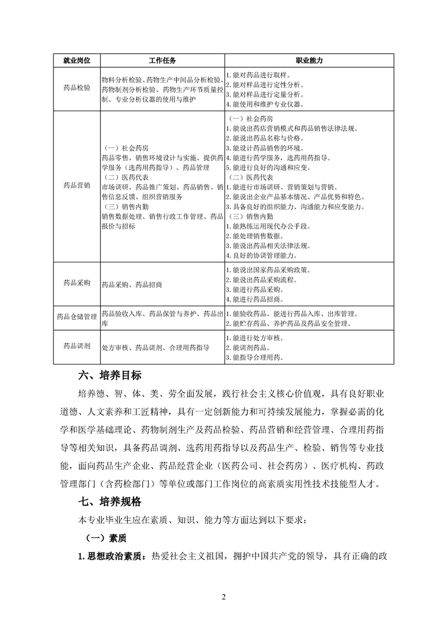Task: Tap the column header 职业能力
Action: point(309,60)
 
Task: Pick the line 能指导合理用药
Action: point(255,358)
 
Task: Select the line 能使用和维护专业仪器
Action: point(265,104)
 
